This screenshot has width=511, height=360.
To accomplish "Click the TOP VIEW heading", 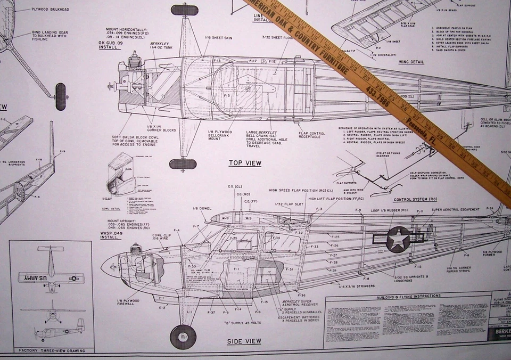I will pyautogui.click(x=245, y=163).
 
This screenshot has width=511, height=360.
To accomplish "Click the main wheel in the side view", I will pyautogui.click(x=183, y=336).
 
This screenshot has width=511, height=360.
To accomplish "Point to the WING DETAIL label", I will pyautogui.click(x=411, y=62).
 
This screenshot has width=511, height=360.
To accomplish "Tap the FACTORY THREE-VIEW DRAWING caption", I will pyautogui.click(x=51, y=350).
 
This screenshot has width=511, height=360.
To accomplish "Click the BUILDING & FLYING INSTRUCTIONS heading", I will pyautogui.click(x=407, y=296).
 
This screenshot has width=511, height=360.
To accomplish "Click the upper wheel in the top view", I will pyautogui.click(x=185, y=10).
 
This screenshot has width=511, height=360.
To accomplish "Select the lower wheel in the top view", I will pyautogui.click(x=183, y=164).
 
